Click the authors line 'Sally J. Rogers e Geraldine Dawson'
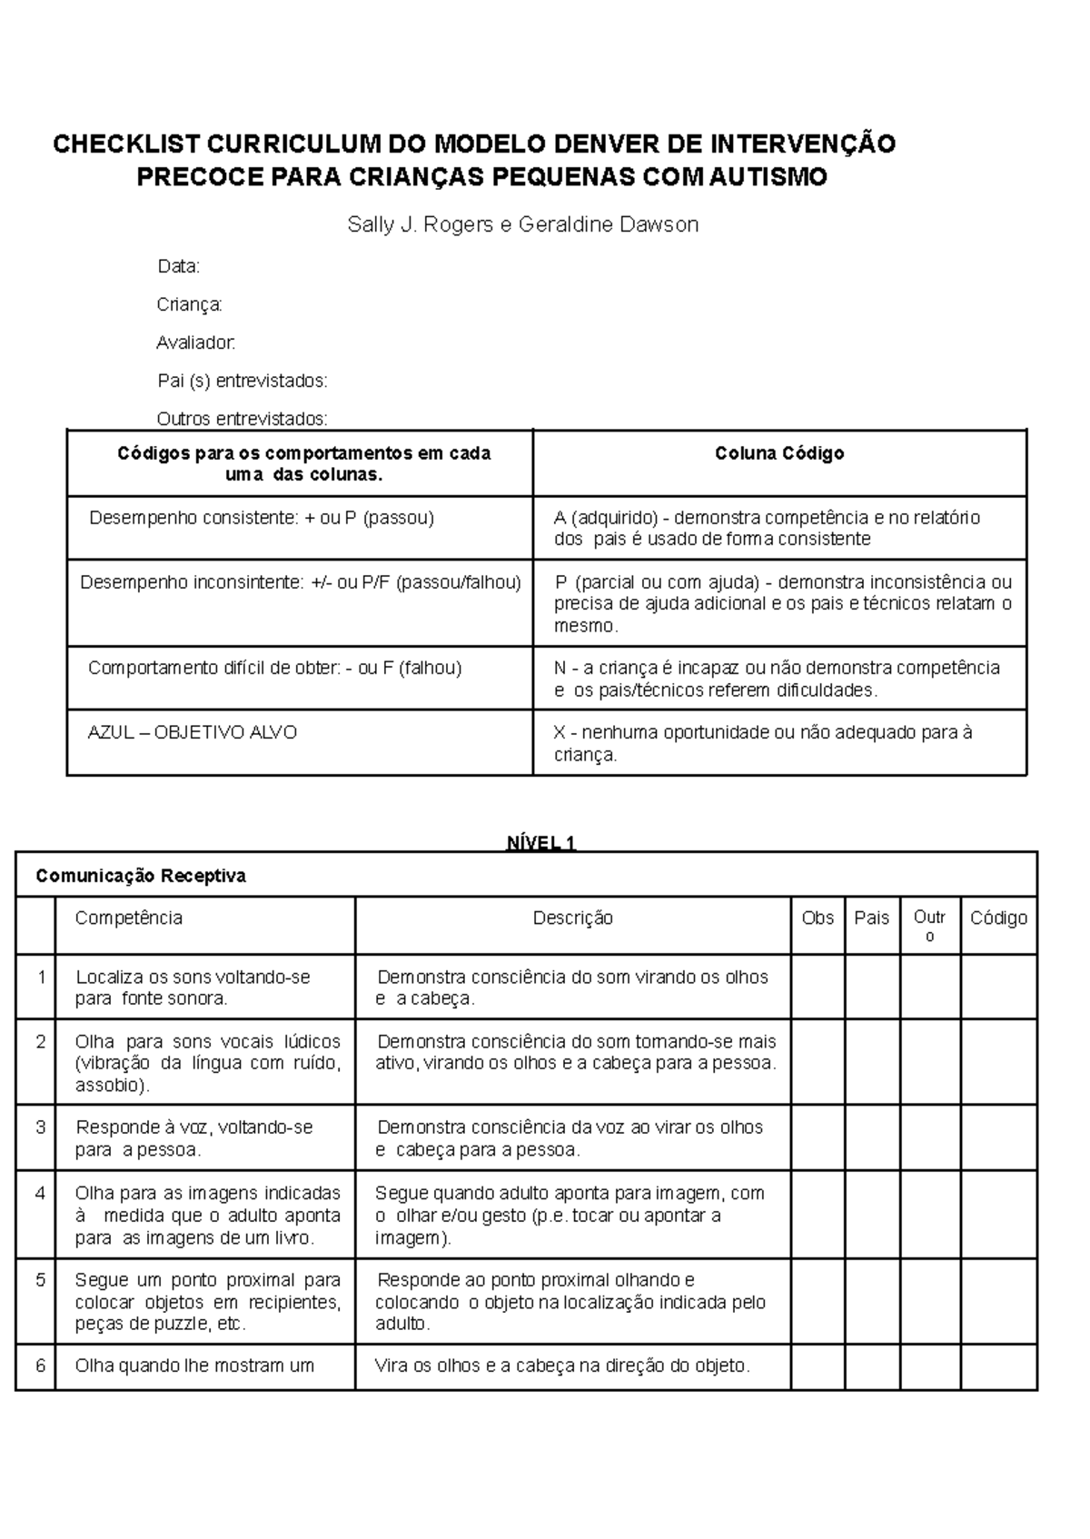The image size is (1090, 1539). (x=523, y=224)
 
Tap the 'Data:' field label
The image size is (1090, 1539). (x=178, y=266)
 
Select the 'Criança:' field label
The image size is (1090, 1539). (x=189, y=304)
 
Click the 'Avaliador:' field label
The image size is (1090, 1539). (x=195, y=343)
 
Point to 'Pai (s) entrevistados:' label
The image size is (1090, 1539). (x=242, y=381)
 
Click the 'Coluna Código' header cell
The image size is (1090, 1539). (x=779, y=452)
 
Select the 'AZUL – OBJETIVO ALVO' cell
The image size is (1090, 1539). (x=193, y=732)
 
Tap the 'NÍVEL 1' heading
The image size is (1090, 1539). (x=541, y=842)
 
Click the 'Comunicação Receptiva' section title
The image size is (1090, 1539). (x=141, y=876)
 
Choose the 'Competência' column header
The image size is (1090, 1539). (x=129, y=918)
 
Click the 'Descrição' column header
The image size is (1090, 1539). (x=572, y=918)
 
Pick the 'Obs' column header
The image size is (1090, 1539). (x=817, y=918)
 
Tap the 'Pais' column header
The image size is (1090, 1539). (x=872, y=918)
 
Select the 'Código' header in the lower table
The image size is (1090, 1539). (x=998, y=918)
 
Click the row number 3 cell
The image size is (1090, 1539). (x=40, y=1127)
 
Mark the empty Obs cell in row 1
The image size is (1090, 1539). (x=817, y=987)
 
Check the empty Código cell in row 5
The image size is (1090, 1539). (x=998, y=1301)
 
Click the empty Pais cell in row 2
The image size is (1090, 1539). (x=872, y=1061)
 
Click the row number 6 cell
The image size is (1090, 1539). (x=40, y=1365)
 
